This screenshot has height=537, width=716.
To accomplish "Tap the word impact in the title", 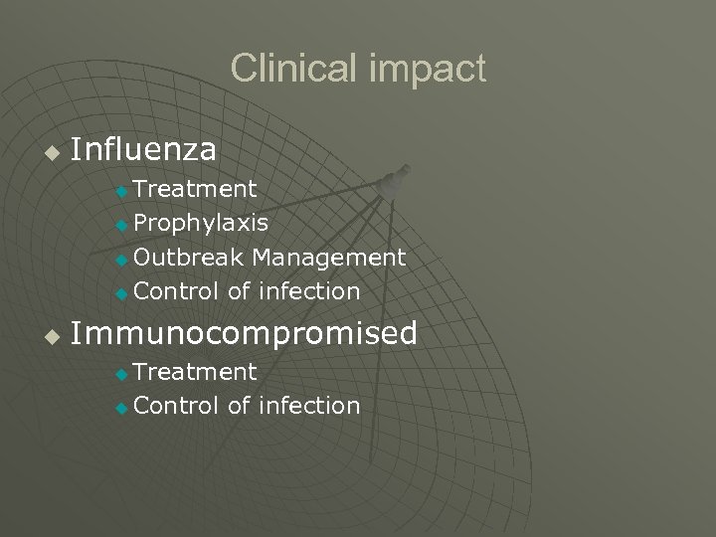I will click(428, 70).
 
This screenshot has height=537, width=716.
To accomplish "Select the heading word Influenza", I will click(144, 149).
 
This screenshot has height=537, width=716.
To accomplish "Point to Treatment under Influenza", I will click(195, 188).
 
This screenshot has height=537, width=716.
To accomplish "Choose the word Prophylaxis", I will click(200, 223).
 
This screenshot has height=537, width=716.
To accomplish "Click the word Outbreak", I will click(189, 258).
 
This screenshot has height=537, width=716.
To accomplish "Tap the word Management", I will click(329, 258).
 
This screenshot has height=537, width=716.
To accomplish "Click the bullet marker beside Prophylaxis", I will click(121, 225).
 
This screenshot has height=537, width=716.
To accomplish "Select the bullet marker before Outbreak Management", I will click(121, 260).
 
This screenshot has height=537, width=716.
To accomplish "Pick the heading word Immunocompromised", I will click(245, 333).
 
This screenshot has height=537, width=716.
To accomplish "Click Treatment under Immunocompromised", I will click(195, 371).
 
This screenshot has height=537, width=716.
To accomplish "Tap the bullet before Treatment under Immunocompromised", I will click(121, 374).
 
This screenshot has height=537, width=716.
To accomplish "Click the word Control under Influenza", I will click(176, 291).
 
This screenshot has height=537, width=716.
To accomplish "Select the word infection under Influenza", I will click(308, 291).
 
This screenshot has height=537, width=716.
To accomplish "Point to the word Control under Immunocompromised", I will click(176, 406).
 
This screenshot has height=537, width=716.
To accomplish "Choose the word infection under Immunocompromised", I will click(308, 406).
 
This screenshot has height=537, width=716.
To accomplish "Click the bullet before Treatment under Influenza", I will click(121, 190).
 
